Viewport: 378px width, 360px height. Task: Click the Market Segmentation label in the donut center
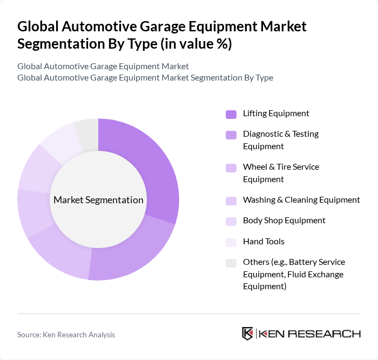[x=98, y=200]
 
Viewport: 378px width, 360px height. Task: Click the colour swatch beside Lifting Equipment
[x=231, y=114]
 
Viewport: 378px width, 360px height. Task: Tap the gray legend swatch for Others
[x=231, y=263]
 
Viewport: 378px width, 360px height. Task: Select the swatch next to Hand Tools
[x=231, y=242]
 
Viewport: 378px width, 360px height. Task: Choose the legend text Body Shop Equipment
[x=284, y=221]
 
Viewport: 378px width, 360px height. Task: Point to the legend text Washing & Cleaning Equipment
[x=301, y=200]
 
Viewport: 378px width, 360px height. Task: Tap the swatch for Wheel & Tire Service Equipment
[x=231, y=168]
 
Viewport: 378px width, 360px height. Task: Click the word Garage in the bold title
[x=178, y=26]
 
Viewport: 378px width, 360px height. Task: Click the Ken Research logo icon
[x=248, y=334]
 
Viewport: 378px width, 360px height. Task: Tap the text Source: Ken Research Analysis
[x=66, y=335]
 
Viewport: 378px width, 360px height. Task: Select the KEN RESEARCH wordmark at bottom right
[x=310, y=334]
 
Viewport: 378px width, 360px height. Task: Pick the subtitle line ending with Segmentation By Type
[x=145, y=77]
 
